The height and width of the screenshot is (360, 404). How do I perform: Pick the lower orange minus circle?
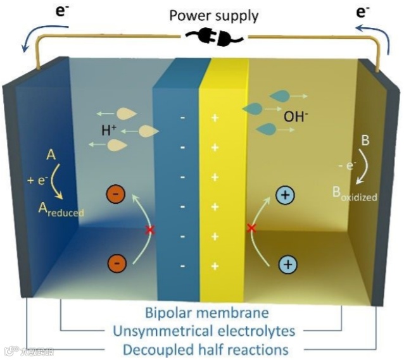[x=116, y=261]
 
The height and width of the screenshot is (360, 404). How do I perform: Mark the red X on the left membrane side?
[x=150, y=230]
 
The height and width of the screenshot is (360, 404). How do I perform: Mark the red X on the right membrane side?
[x=252, y=227]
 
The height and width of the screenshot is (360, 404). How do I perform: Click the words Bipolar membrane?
[x=207, y=313]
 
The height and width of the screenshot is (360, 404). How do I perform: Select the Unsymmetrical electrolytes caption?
[x=207, y=331]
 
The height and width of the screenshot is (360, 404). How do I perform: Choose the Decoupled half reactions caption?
[x=207, y=349]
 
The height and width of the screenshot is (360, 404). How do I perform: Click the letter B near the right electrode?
[x=364, y=140]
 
